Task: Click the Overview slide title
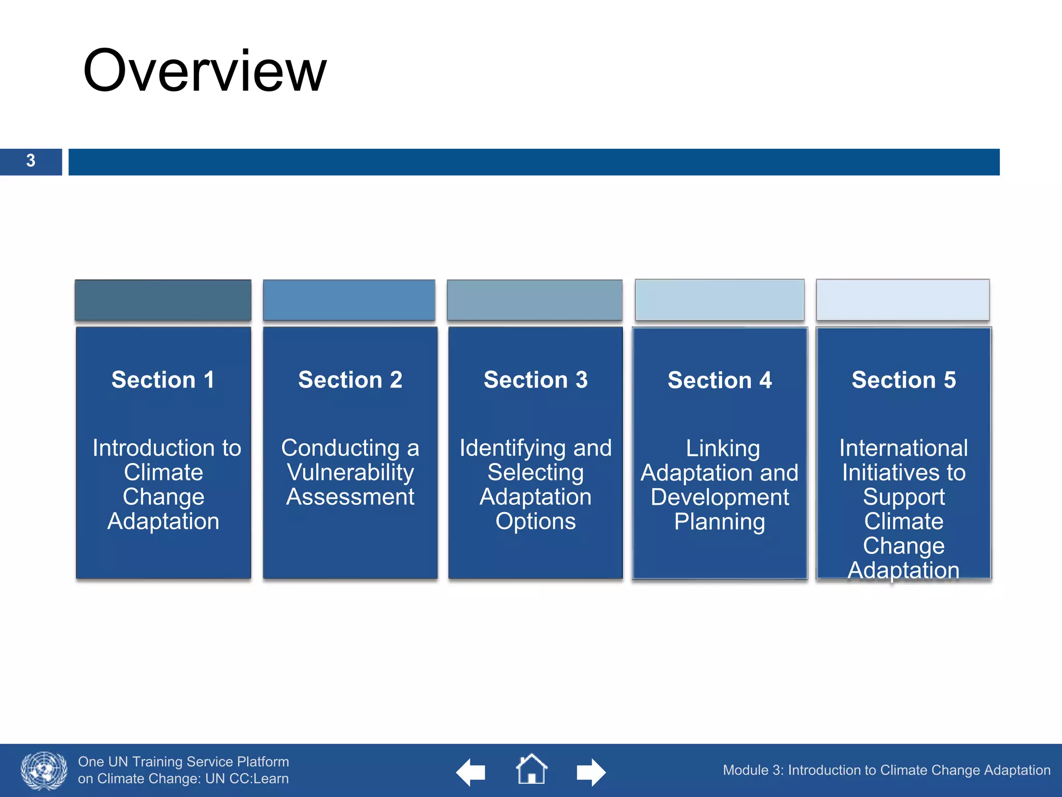[205, 71]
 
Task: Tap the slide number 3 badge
[31, 161]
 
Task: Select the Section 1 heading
[163, 380]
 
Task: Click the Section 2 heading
[350, 380]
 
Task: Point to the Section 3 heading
[536, 380]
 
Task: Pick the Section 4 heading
[720, 380]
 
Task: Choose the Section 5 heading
[903, 380]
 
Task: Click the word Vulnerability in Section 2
[350, 472]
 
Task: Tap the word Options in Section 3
[536, 521]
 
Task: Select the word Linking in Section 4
[723, 448]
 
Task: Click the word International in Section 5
[903, 448]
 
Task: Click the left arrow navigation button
[470, 772]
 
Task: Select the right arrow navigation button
[591, 772]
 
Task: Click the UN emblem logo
[44, 771]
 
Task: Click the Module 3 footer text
[886, 770]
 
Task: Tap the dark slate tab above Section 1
[163, 300]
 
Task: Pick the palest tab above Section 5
[902, 300]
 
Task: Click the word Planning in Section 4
[720, 521]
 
